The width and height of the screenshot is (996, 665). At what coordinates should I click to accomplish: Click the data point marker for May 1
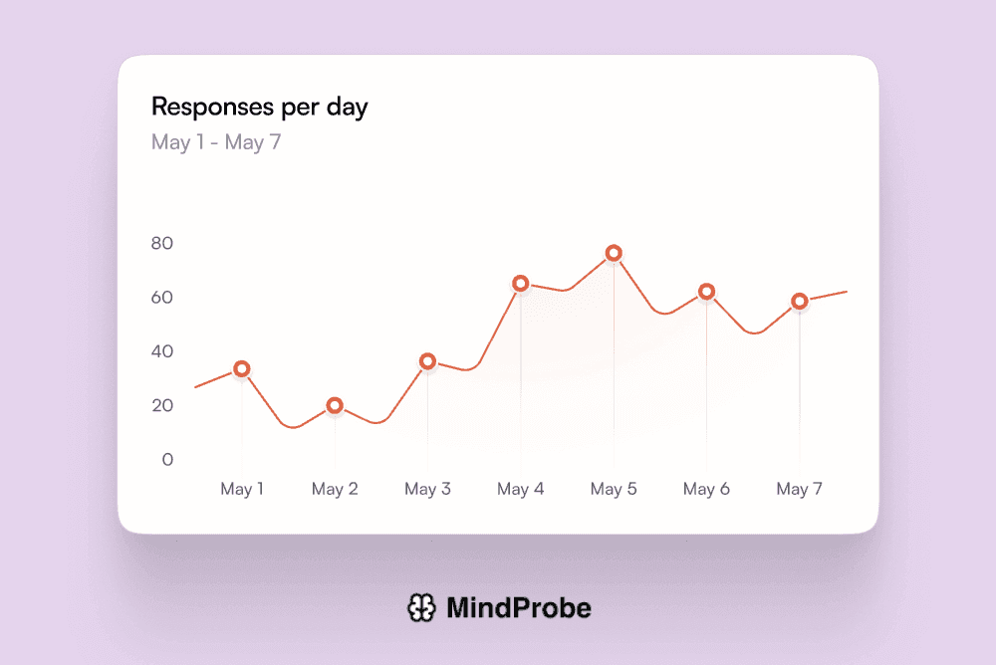tap(241, 369)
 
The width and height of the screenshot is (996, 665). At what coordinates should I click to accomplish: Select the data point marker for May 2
tap(335, 405)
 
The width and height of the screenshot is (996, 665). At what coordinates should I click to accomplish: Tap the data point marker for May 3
tap(427, 361)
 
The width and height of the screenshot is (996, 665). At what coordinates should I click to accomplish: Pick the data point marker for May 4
tap(520, 284)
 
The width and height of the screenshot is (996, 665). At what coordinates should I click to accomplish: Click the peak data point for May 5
tap(614, 253)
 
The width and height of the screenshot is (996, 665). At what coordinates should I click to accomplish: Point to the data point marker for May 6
tap(706, 292)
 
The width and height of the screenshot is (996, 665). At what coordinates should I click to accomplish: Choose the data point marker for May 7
tap(799, 302)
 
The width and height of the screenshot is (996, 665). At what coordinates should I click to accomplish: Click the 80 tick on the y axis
tap(161, 243)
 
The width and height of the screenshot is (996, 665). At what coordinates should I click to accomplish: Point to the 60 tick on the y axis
tap(161, 298)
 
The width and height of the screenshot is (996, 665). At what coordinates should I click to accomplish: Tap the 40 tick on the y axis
tap(161, 351)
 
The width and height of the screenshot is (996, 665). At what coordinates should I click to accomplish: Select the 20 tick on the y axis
tap(161, 405)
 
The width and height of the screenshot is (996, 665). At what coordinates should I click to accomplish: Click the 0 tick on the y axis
tap(167, 459)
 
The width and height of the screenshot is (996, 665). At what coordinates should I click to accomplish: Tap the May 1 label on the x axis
tap(242, 489)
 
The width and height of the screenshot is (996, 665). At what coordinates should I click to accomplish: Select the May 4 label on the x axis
tap(520, 489)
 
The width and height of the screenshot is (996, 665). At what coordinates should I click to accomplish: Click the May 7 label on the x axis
tap(799, 489)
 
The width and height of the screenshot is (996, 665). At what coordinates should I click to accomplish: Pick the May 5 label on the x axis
tap(613, 489)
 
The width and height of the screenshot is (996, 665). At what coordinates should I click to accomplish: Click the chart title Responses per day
tap(259, 108)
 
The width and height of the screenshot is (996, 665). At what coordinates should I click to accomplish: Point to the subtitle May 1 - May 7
tap(216, 142)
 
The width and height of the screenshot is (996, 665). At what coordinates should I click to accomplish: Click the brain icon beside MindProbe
tap(421, 607)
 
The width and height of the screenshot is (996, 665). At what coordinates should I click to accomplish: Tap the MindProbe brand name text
tap(518, 607)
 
